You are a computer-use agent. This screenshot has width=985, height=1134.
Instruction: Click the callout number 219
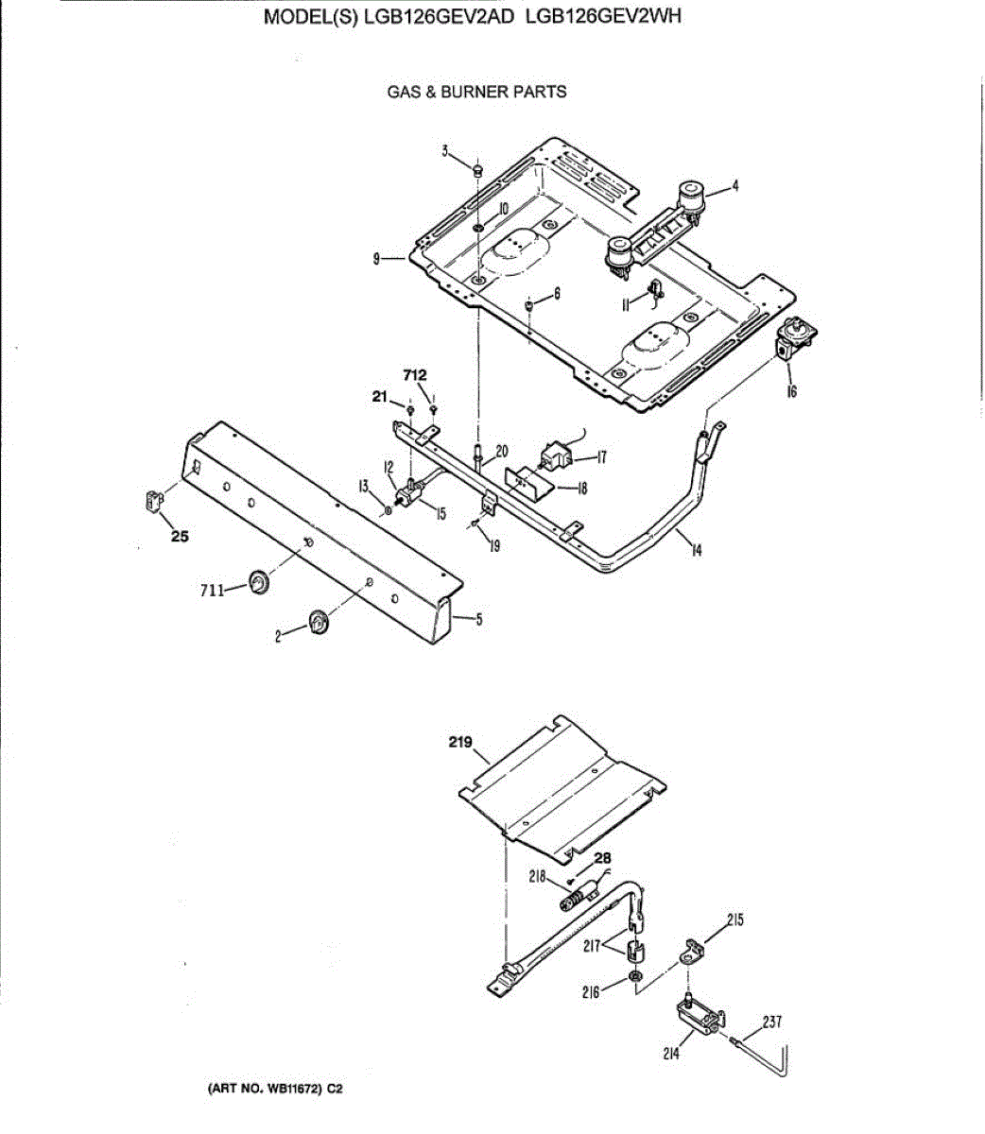[x=460, y=743]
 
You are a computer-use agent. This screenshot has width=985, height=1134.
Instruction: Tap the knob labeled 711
[x=257, y=582]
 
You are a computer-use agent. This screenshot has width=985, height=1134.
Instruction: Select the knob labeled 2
[x=319, y=623]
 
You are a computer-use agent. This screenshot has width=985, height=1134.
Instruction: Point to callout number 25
[x=179, y=537]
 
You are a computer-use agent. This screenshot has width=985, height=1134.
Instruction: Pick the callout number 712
[x=414, y=376]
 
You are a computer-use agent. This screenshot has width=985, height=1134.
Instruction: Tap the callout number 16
[x=791, y=390]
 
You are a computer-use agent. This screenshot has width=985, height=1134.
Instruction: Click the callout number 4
[x=734, y=186]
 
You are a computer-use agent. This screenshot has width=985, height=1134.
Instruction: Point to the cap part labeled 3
[x=478, y=170]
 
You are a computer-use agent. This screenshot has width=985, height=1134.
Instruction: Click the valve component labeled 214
[x=698, y=1019]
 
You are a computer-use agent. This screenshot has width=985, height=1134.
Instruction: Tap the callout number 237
[x=771, y=1021]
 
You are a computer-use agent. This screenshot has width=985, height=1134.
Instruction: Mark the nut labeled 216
[x=636, y=975]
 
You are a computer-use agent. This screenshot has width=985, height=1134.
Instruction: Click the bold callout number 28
[x=602, y=858]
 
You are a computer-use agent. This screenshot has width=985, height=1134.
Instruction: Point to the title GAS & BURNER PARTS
[x=476, y=92]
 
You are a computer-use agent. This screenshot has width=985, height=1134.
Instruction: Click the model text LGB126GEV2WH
[x=602, y=16]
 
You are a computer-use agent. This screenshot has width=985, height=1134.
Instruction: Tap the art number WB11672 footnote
[x=274, y=1090]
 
